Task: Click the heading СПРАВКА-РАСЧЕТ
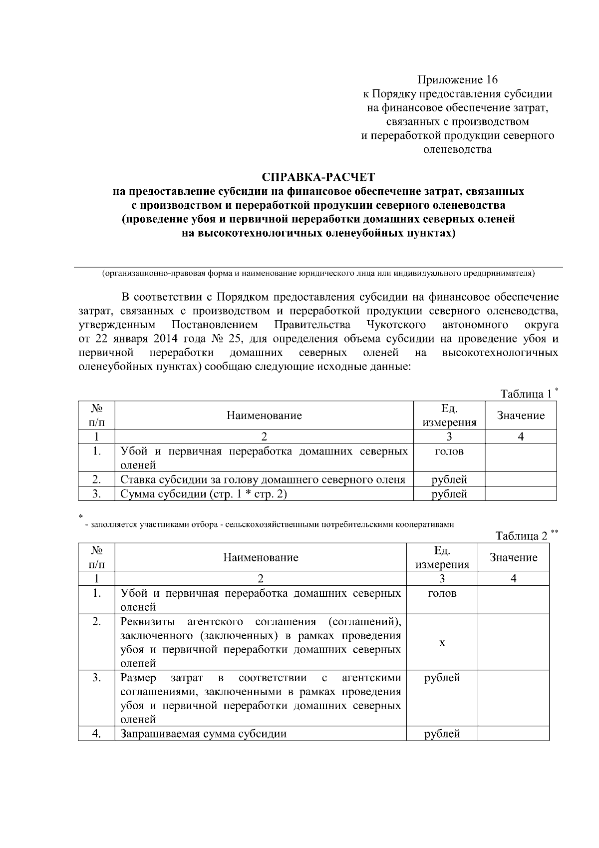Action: pos(318,177)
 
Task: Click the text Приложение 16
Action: pos(457,80)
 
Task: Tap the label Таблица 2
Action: pos(521,536)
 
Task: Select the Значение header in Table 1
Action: pos(520,416)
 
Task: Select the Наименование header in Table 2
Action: pos(261,557)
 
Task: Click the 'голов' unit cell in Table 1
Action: pos(449,451)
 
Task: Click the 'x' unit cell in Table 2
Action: pos(442,642)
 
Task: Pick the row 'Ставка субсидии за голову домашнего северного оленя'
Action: pos(263,480)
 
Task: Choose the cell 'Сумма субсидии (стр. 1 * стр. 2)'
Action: pos(204,494)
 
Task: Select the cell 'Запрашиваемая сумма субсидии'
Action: pos(204,734)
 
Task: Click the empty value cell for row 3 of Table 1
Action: pos(520,494)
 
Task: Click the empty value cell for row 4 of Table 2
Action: pos(513,734)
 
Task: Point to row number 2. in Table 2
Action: pos(96,622)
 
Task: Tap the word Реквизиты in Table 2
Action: pos(148,622)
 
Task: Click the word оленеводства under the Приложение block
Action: pos(457,149)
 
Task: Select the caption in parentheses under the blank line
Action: pos(318,274)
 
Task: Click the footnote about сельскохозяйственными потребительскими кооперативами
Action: pos(270,524)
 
